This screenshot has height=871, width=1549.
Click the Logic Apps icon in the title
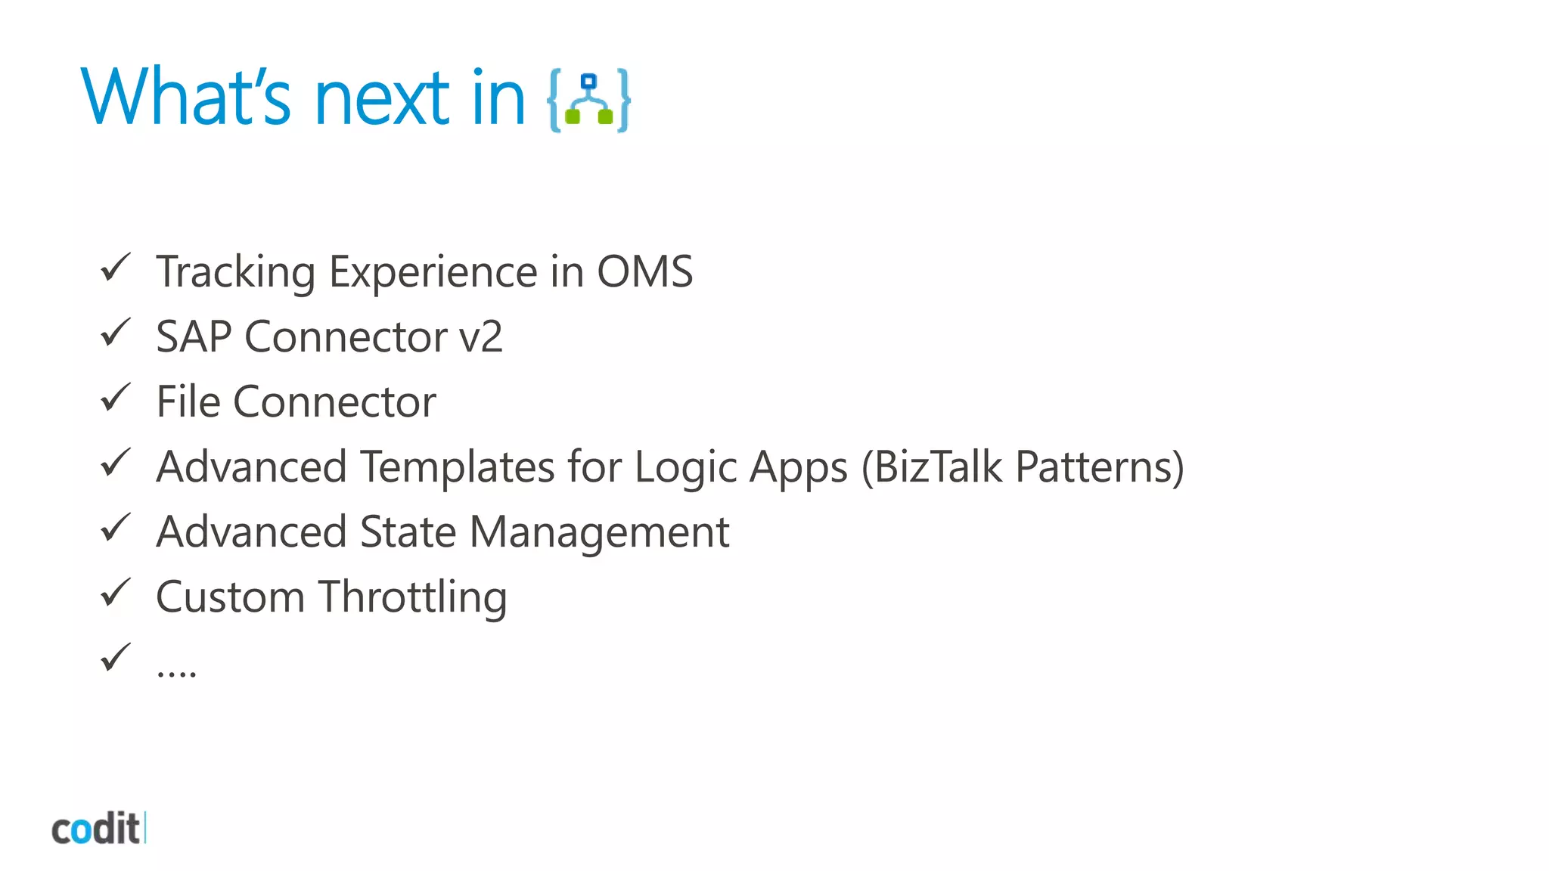[589, 101]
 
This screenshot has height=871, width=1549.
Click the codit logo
[97, 829]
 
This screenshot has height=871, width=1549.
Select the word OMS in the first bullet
[644, 271]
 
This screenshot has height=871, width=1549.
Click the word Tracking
[235, 272]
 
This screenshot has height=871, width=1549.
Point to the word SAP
[194, 336]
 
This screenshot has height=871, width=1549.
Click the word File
[188, 401]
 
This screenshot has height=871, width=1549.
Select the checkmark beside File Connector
[116, 398]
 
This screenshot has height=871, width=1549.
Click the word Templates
[457, 466]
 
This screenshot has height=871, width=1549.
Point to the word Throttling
[412, 597]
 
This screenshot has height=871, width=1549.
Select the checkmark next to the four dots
[116, 658]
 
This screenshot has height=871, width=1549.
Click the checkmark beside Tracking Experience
[116, 268]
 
